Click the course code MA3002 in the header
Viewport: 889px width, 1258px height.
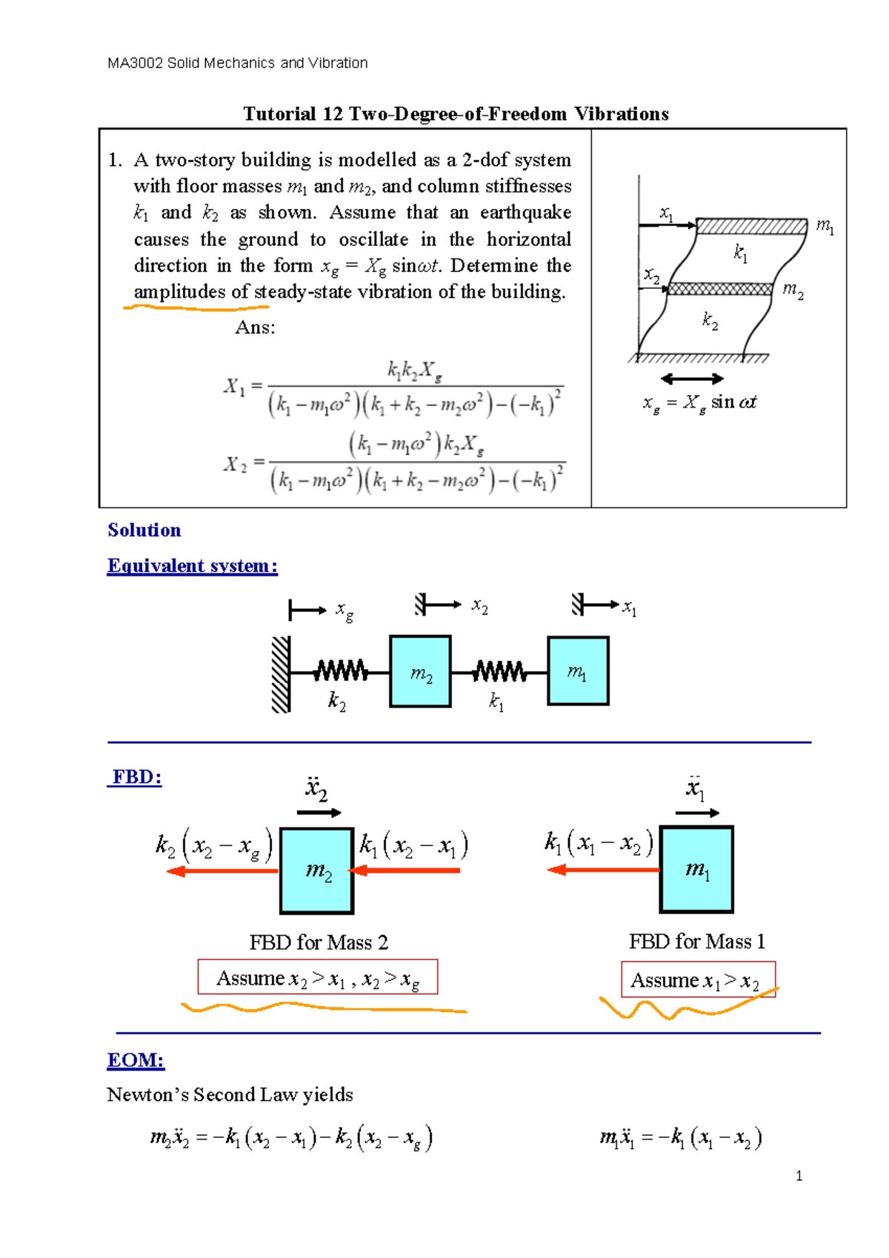(135, 63)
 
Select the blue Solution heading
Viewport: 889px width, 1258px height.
(144, 530)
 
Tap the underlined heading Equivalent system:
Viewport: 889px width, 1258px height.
(193, 566)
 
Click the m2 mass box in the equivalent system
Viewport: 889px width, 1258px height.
(420, 671)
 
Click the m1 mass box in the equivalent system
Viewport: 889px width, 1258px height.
(578, 670)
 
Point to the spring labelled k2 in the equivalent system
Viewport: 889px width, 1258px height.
(340, 672)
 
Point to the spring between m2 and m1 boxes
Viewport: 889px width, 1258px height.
(499, 672)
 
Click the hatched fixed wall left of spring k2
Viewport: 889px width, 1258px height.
(281, 673)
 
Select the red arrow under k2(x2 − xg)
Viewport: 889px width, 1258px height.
(222, 871)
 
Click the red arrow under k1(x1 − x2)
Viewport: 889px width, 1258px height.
(603, 870)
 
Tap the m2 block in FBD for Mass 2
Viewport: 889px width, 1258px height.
(316, 871)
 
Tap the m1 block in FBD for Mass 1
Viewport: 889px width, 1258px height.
(696, 869)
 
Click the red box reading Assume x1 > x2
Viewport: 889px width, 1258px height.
(698, 980)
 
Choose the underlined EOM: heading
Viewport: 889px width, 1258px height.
(136, 1060)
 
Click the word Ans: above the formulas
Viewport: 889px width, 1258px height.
(255, 327)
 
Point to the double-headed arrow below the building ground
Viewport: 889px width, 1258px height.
(692, 379)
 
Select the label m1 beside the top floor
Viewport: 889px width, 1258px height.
(825, 226)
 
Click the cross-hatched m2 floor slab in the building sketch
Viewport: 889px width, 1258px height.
(720, 289)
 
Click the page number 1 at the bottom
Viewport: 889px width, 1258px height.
(799, 1176)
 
